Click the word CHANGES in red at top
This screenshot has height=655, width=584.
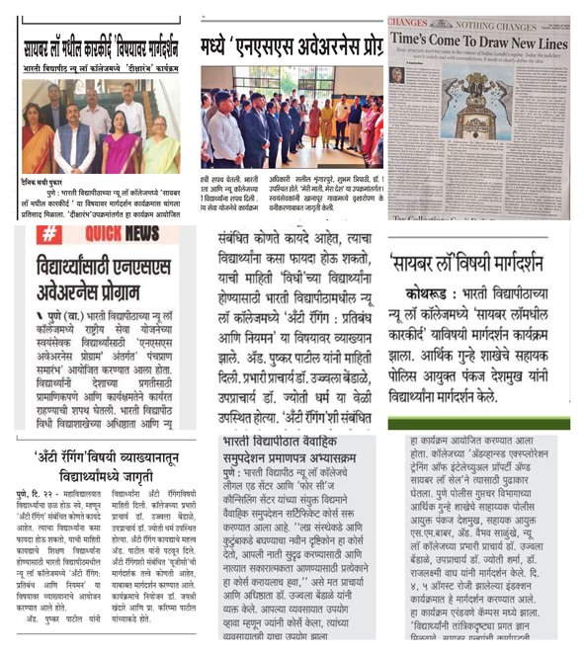click(x=408, y=21)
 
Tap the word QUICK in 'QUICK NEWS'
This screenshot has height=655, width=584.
click(x=103, y=237)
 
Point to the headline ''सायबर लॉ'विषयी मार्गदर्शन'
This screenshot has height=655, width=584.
click(x=478, y=264)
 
